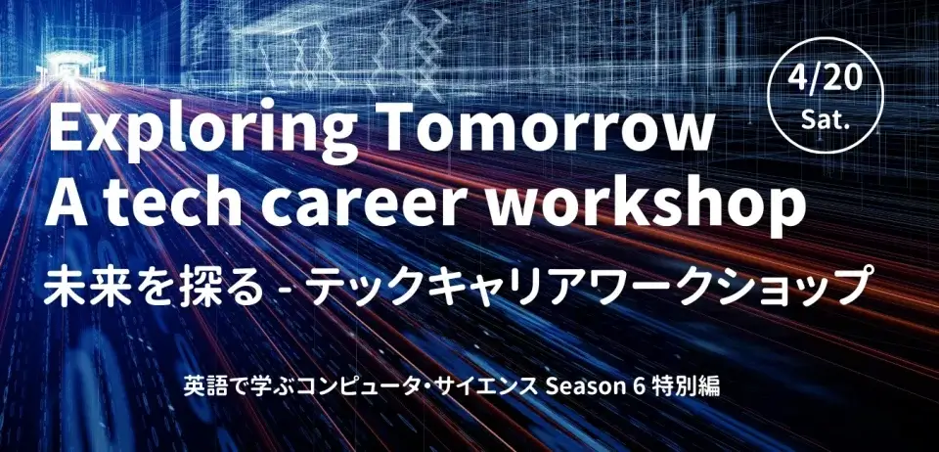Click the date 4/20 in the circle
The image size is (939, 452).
tap(826, 79)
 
